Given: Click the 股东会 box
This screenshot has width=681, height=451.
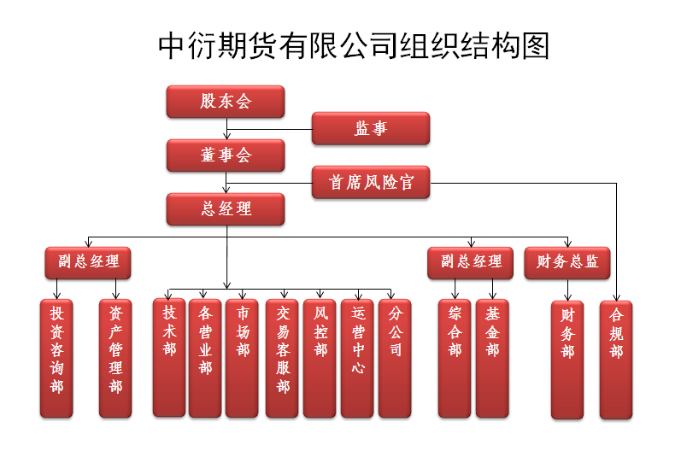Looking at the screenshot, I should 226,102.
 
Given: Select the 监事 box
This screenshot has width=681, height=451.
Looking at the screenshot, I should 370,129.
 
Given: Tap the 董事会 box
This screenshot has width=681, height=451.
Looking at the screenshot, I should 226,155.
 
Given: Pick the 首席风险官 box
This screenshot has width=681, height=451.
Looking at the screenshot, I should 370,182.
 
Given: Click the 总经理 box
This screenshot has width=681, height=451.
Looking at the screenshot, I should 226,209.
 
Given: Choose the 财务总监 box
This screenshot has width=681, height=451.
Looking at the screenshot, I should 567,262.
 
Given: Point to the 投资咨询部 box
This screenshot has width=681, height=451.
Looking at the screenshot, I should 56,358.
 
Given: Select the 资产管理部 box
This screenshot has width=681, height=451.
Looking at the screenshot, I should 115,358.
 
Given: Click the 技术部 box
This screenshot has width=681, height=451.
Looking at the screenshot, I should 169,357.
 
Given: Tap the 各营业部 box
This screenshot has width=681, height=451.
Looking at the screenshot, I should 205,357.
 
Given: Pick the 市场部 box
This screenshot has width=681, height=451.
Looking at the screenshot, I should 243,357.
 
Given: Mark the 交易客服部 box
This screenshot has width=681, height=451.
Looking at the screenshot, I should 282,357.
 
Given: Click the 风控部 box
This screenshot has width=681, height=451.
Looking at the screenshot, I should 320,357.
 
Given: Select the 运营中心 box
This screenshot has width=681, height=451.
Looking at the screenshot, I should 357,357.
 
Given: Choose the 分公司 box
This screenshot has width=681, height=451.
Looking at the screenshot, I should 394,357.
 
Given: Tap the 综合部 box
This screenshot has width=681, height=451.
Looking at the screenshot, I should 455,357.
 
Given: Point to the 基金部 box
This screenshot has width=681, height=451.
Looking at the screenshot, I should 492,357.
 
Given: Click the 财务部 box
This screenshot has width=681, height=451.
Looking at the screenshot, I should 567,360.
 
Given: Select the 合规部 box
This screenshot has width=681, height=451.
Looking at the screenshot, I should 616,360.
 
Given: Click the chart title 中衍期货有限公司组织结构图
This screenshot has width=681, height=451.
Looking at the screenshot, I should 354,46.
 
